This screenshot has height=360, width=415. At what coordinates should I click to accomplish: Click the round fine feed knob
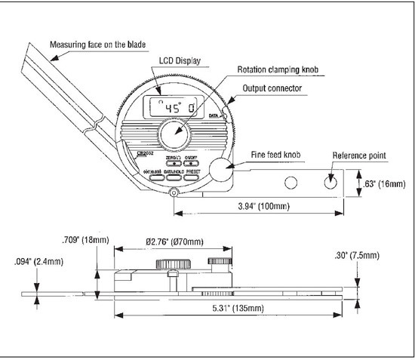[220, 169]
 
